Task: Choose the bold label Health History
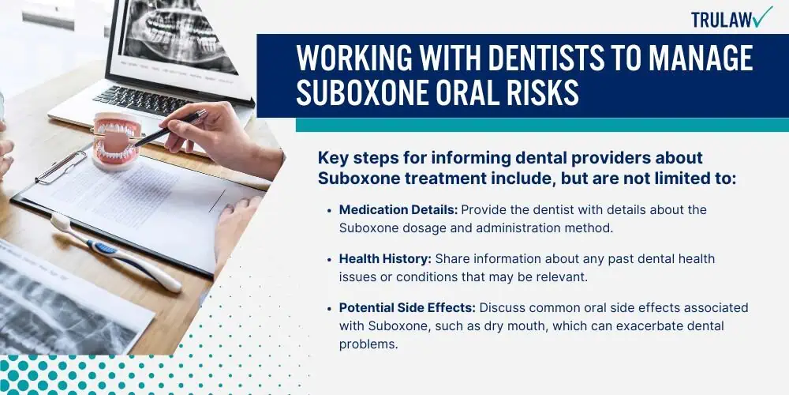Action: [x=385, y=259]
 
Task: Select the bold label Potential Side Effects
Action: [x=408, y=308]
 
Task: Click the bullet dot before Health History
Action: [x=329, y=259]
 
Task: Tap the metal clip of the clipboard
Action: [x=62, y=166]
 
